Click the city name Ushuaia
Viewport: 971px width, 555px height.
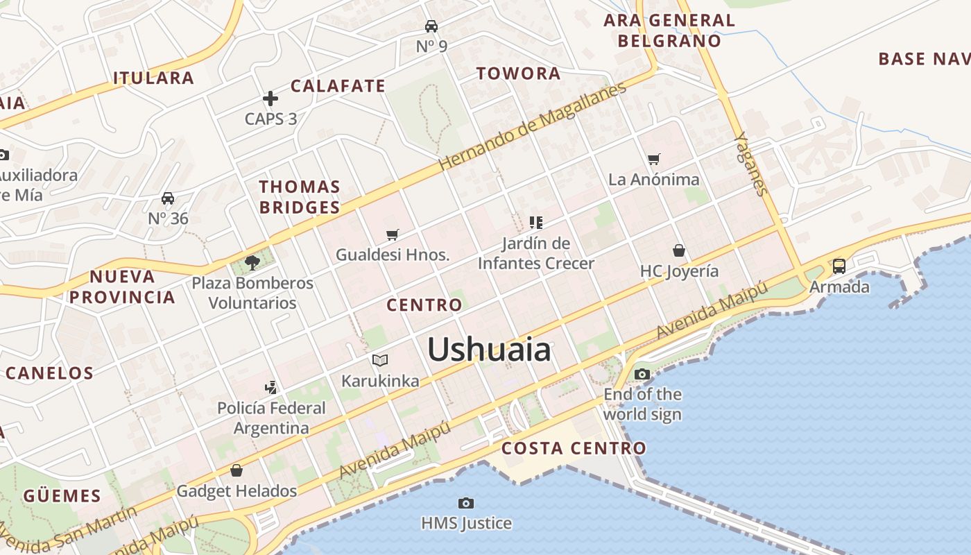(489, 349)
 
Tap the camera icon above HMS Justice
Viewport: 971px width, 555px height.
(466, 503)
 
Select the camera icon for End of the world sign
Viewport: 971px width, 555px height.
(642, 375)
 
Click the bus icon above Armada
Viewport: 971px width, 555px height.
(839, 266)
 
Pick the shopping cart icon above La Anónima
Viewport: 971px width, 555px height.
(653, 160)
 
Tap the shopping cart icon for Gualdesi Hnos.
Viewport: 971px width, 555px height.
(393, 235)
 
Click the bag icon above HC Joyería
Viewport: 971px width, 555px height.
(679, 250)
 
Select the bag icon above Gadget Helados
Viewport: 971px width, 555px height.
(237, 470)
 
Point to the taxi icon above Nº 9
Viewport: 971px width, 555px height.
(431, 26)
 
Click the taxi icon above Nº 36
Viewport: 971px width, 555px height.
(168, 198)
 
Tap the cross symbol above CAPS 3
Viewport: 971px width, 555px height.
(270, 99)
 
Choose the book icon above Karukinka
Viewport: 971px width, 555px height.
(379, 360)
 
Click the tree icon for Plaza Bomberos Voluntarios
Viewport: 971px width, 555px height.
(252, 263)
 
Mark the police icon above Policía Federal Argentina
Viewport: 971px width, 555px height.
(271, 387)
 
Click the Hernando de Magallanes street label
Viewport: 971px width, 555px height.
(532, 126)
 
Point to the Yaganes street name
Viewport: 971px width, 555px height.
(752, 164)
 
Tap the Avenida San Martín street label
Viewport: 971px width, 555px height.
(69, 529)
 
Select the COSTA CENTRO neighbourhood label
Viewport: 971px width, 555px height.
(574, 448)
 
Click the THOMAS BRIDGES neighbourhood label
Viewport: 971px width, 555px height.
(300, 197)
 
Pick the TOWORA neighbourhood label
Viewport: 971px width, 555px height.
(518, 74)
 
